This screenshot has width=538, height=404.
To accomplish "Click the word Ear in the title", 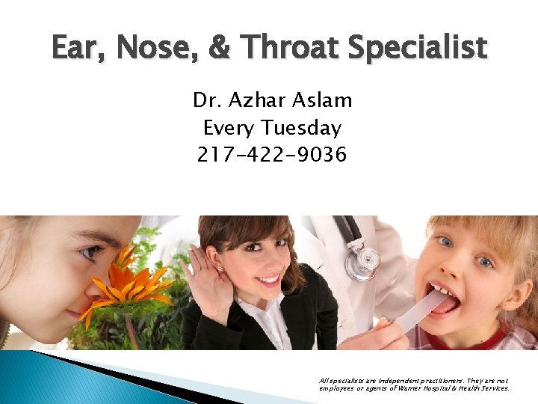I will [75, 48].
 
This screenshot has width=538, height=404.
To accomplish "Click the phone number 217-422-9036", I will [272, 155].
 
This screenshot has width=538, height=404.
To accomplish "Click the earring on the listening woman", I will [220, 269].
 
